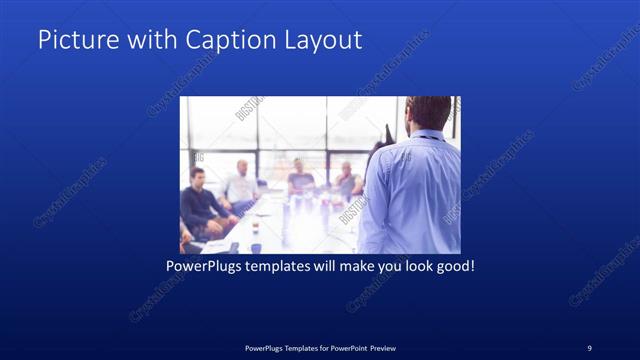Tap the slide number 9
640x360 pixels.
click(589, 347)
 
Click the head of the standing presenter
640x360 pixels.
click(431, 112)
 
